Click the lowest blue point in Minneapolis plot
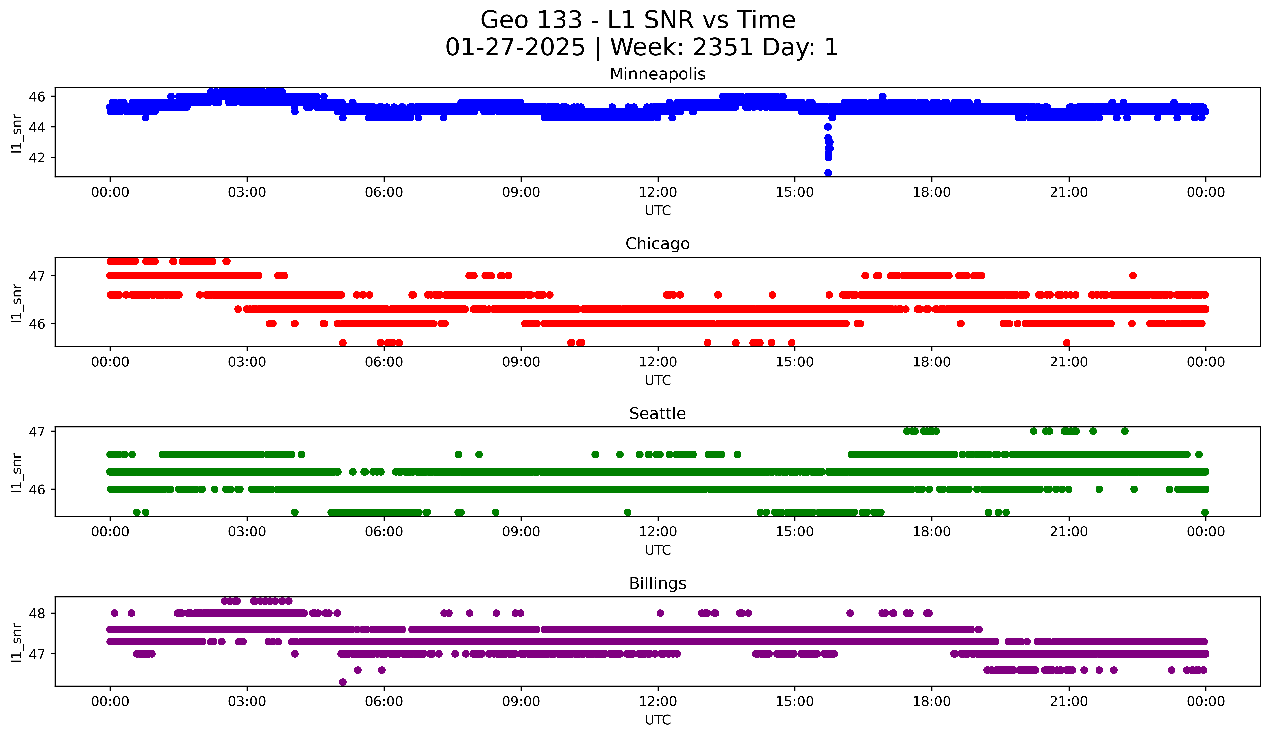[828, 173]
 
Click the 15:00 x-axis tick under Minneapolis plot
[795, 192]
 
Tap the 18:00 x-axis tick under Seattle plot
[932, 532]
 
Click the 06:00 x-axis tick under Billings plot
[384, 702]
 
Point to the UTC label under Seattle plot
[658, 550]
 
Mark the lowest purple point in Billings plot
[343, 682]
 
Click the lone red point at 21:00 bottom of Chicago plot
[1066, 343]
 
